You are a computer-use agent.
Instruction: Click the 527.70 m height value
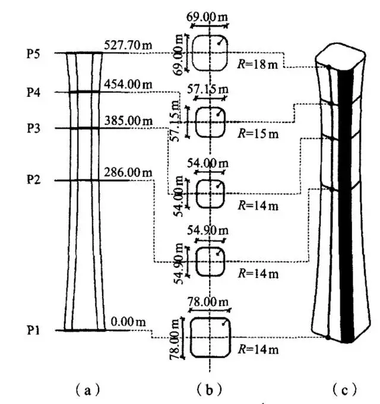click(x=128, y=45)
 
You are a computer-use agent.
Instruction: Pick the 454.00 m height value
click(x=128, y=84)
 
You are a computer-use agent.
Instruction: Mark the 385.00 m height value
click(x=128, y=121)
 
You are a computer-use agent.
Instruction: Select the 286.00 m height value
click(x=128, y=172)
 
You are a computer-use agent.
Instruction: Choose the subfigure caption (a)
click(x=88, y=390)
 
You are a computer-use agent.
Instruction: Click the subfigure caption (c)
click(x=345, y=390)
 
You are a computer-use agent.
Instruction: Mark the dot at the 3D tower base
click(x=328, y=337)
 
